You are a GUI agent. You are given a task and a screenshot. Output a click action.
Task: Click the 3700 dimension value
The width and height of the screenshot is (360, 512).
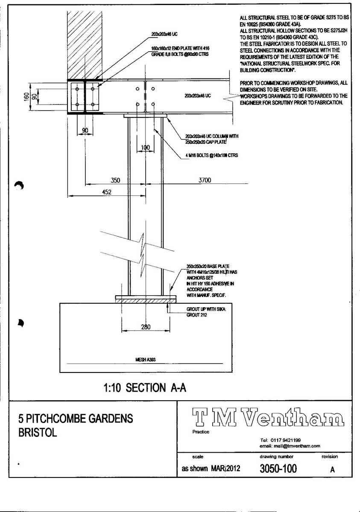tap(205, 180)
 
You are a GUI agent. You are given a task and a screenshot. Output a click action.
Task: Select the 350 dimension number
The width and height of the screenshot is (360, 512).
tap(115, 180)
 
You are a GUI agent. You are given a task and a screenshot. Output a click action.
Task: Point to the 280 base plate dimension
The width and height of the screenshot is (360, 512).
tap(145, 327)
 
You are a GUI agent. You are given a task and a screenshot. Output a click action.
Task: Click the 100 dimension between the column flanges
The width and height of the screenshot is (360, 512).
tap(145, 148)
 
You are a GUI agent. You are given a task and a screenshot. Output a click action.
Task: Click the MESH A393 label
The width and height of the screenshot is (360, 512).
tap(145, 360)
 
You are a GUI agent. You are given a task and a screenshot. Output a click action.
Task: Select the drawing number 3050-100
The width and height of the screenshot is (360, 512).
tap(278, 468)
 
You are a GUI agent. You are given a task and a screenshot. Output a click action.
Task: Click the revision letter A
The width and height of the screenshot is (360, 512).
tap(332, 469)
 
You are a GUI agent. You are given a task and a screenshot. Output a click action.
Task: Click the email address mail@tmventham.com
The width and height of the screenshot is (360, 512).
tap(290, 446)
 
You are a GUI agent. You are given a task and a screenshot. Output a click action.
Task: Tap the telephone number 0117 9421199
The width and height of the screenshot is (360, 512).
tap(285, 440)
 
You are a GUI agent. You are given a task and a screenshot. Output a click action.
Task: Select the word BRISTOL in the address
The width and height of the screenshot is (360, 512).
tap(38, 433)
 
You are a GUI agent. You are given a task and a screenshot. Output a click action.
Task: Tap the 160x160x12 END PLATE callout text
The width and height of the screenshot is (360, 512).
tap(180, 49)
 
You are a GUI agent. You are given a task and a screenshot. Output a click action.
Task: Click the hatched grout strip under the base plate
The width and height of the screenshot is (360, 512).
tap(145, 301)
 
